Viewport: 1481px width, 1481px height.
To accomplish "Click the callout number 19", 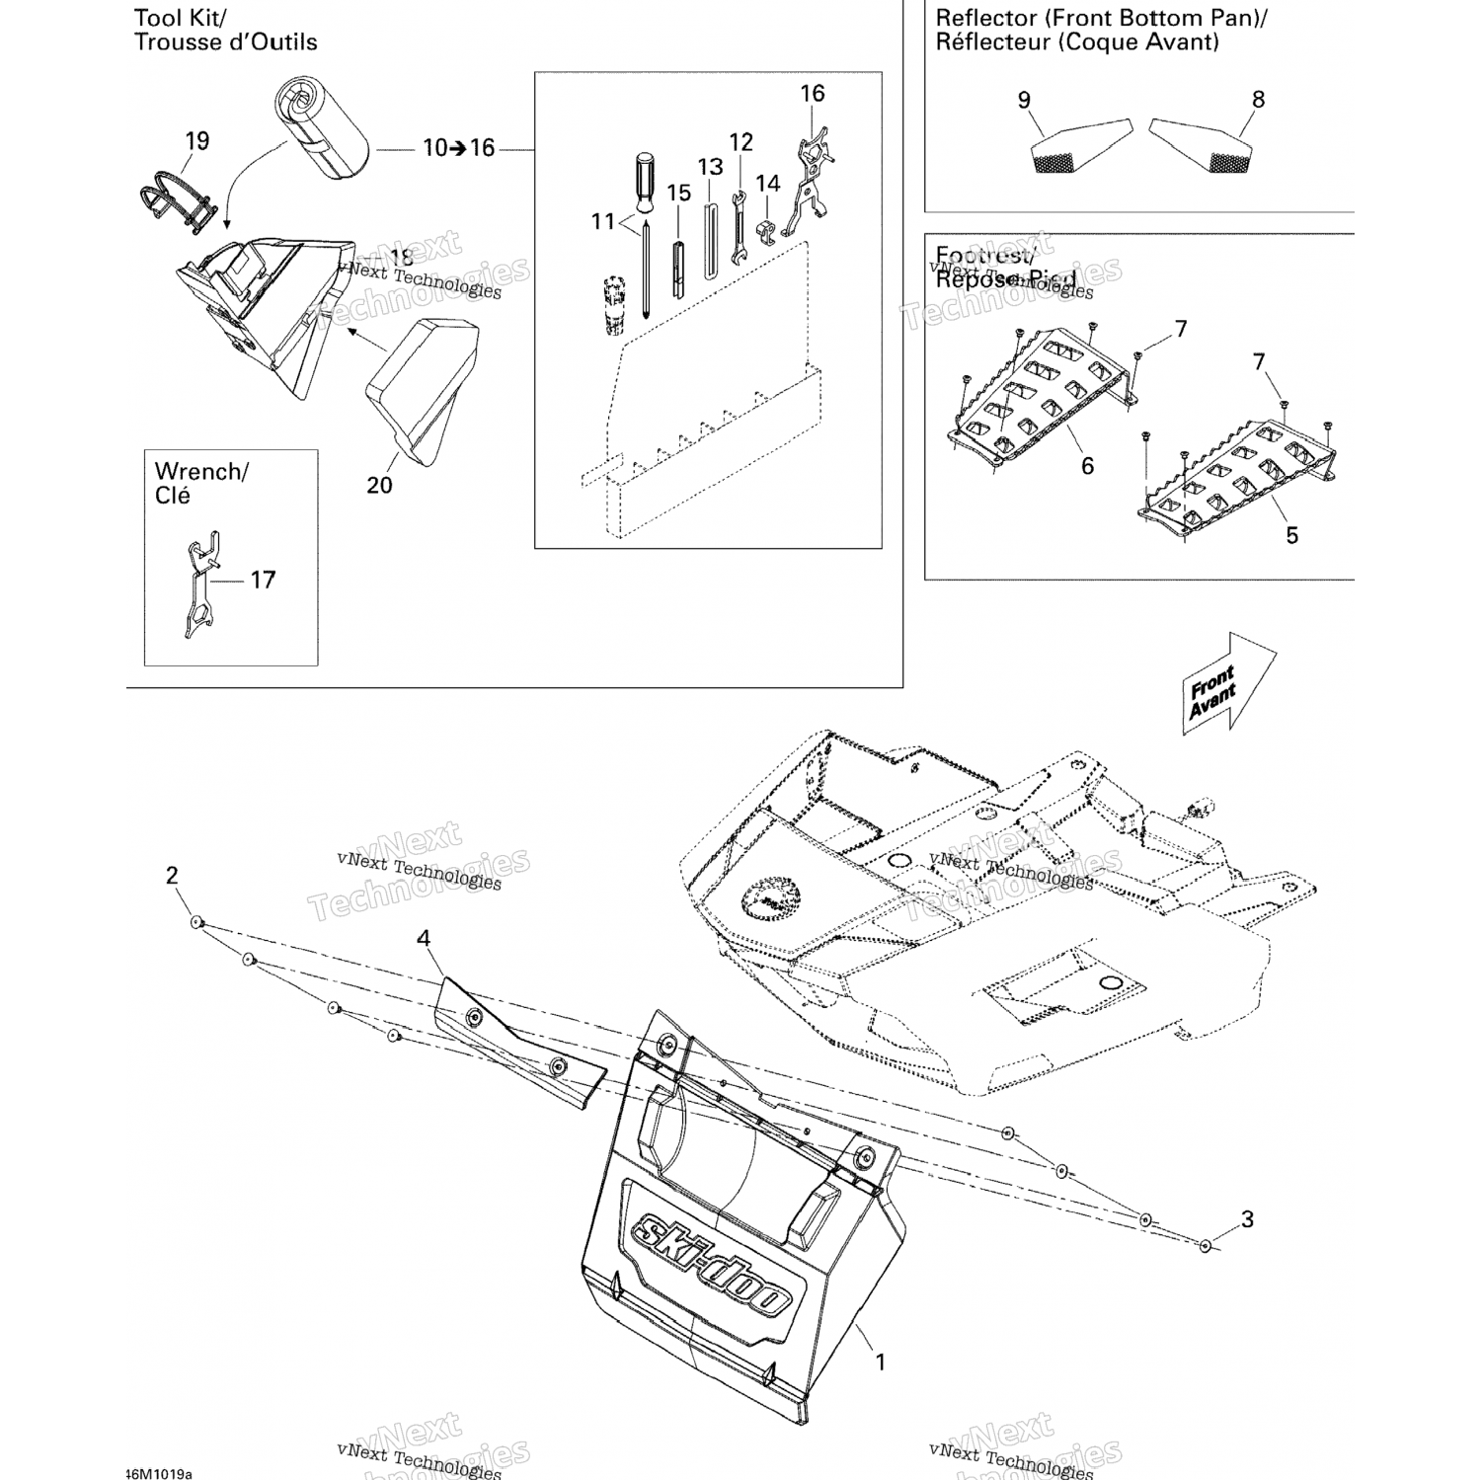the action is tap(197, 141).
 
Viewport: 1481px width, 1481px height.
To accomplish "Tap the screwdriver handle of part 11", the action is tap(644, 183).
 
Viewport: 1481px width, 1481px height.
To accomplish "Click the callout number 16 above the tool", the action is tap(812, 94).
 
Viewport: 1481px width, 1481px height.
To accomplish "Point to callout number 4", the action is tap(424, 938).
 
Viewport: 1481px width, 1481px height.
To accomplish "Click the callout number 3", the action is tap(1247, 1219).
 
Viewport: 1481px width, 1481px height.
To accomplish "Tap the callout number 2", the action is tap(172, 875).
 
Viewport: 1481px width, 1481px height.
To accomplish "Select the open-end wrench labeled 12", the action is tap(737, 227).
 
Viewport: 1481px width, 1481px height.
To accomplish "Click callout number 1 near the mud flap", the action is tap(880, 1363).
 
